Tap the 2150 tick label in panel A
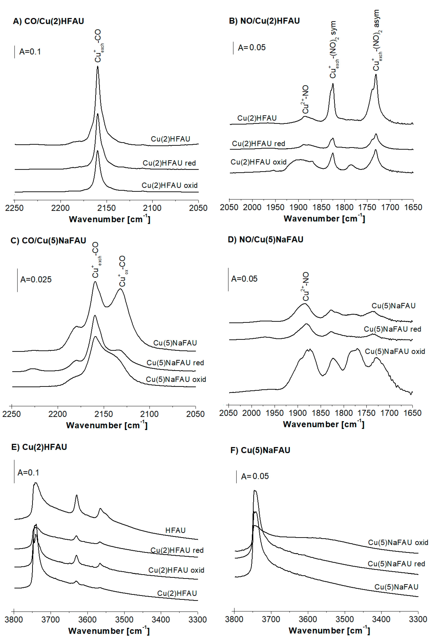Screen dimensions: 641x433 (106, 208)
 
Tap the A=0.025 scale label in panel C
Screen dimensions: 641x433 (36, 279)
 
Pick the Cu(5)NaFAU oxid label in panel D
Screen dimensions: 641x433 (395, 351)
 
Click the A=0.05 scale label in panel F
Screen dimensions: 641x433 (255, 476)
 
